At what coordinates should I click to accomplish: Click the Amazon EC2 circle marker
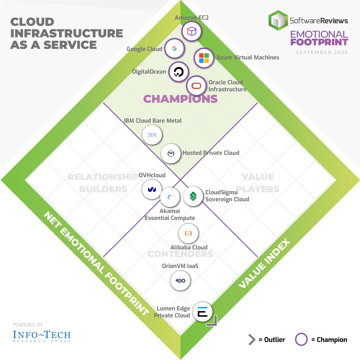[x=192, y=31]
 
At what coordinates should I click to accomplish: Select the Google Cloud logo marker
[x=175, y=48]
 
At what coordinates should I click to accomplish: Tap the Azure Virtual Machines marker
[x=204, y=58]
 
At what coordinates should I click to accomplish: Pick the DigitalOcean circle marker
[x=179, y=72]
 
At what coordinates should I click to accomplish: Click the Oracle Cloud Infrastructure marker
[x=196, y=86]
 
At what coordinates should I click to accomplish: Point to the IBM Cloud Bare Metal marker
[x=152, y=135]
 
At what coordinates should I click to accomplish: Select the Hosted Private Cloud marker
[x=171, y=153]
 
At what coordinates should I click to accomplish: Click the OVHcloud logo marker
[x=152, y=189]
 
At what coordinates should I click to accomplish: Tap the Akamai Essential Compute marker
[x=170, y=197]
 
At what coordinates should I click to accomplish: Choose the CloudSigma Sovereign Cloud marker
[x=193, y=196]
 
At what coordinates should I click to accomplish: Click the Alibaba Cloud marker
[x=188, y=233]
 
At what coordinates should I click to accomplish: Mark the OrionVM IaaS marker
[x=180, y=281]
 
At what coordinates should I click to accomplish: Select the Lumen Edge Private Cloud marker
[x=203, y=312]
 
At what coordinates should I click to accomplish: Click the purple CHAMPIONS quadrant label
[x=180, y=99]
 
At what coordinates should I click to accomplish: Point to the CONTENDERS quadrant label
[x=180, y=254]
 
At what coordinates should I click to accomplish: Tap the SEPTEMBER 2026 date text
[x=322, y=52]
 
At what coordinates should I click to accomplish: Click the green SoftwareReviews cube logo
[x=278, y=20]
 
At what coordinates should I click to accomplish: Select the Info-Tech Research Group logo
[x=42, y=336]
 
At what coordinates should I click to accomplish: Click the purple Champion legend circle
[x=301, y=339]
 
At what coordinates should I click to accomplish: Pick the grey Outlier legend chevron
[x=252, y=339]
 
